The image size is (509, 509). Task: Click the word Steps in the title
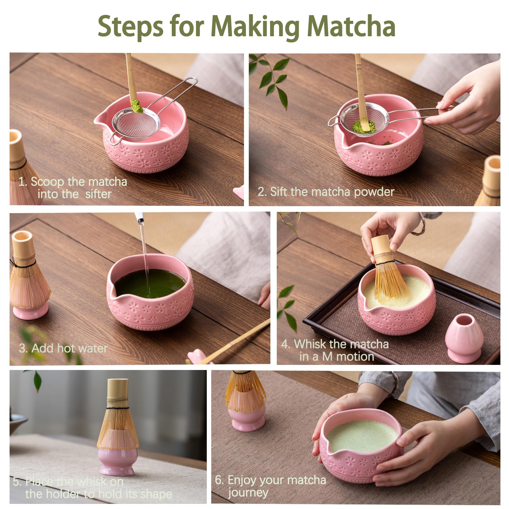click(x=130, y=27)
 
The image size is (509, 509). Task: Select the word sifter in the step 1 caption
click(x=98, y=194)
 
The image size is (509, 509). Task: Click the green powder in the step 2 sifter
click(x=363, y=126)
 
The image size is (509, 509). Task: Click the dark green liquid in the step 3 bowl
click(x=150, y=283)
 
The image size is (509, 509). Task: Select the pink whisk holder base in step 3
click(x=30, y=310)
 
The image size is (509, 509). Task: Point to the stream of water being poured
click(x=144, y=248)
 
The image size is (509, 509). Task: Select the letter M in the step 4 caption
click(x=328, y=357)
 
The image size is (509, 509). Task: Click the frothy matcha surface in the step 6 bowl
click(x=361, y=436)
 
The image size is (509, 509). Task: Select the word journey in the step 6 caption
click(x=248, y=492)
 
